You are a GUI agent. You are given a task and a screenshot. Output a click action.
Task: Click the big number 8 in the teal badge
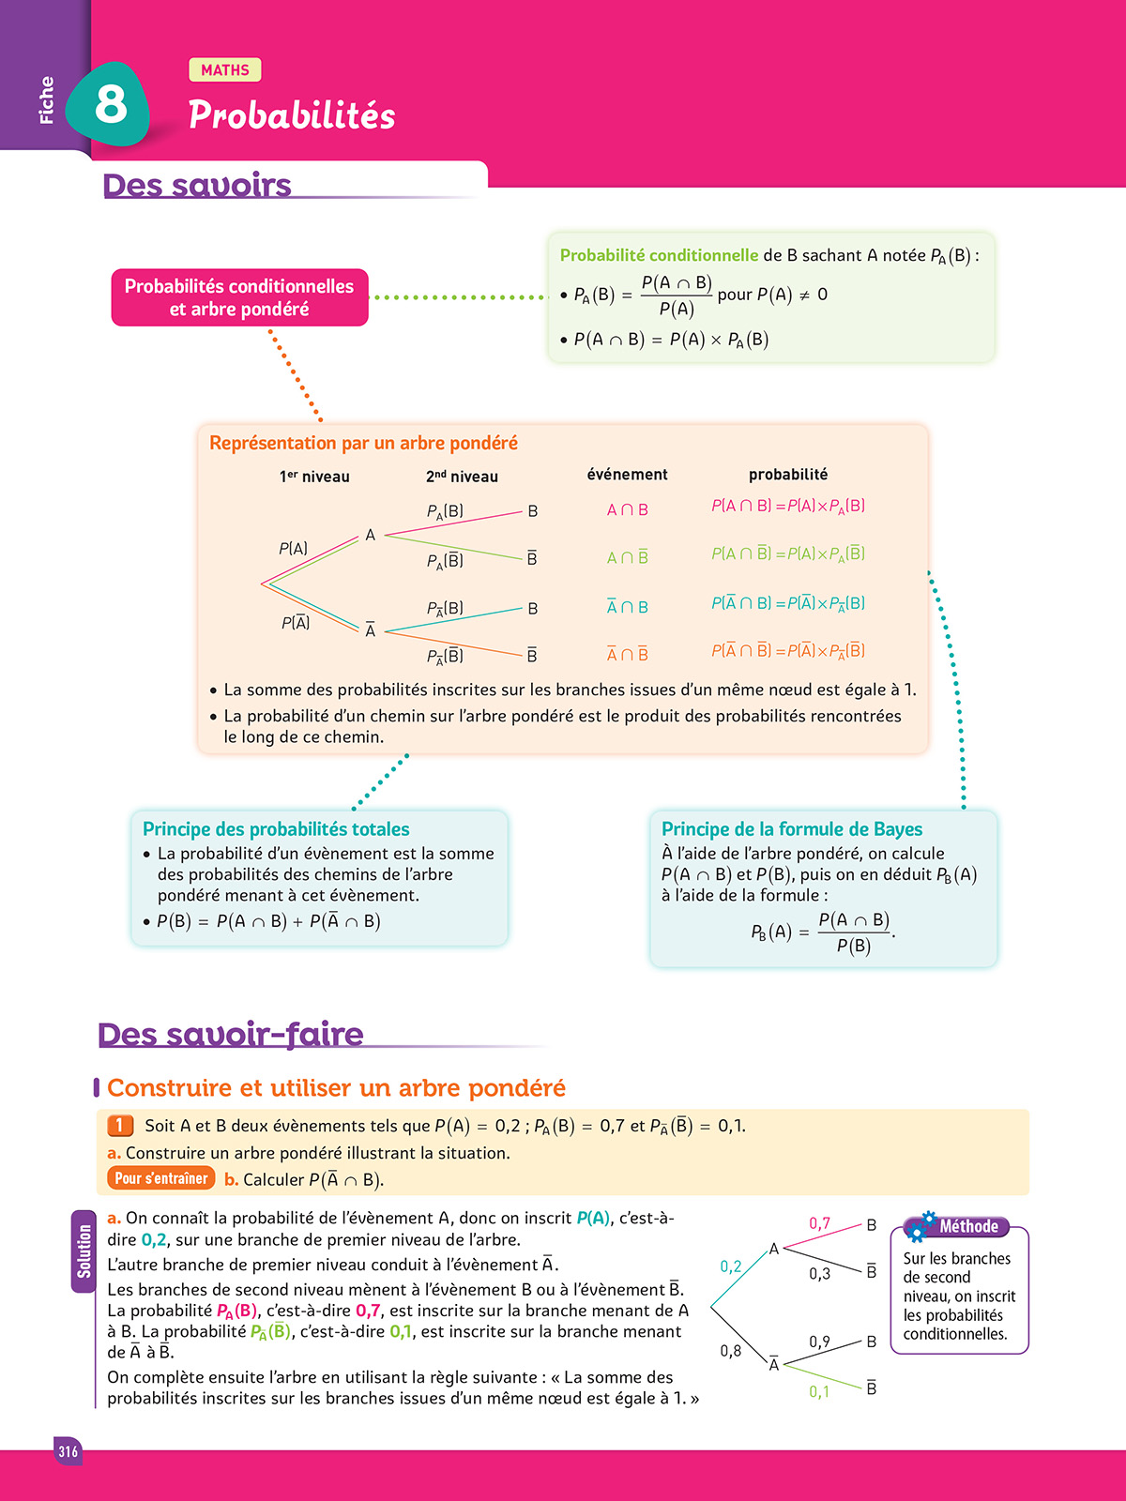pos(111,103)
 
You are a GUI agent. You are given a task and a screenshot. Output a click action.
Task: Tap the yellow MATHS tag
pos(225,70)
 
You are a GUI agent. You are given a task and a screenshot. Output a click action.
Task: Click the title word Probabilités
pos(292,115)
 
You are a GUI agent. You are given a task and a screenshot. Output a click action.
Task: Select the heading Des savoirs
pos(197,185)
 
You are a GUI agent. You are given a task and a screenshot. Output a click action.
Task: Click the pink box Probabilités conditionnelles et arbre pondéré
pos(239,297)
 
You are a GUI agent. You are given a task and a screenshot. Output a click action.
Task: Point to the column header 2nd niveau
pos(462,477)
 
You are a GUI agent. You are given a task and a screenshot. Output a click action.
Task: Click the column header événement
pos(627,475)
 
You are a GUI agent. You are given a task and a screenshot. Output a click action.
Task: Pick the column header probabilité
pos(788,475)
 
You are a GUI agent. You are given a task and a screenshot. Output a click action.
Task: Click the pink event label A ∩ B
pos(627,510)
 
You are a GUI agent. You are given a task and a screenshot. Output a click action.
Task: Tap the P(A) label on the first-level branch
pos(293,549)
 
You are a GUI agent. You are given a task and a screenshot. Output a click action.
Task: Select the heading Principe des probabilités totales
pos(276,829)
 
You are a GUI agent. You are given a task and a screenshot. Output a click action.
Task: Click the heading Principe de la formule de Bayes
pos(792,829)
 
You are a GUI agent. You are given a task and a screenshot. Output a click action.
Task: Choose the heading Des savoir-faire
pos(231,1034)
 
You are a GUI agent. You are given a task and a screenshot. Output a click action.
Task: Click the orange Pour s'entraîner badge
pos(161,1178)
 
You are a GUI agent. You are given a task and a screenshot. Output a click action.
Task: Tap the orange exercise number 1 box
pos(120,1125)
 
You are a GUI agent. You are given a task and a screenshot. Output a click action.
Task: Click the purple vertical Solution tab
pos(84,1251)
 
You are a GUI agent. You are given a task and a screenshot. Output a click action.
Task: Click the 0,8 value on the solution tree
pos(730,1351)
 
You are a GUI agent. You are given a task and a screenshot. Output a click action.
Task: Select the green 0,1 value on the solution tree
pos(819,1392)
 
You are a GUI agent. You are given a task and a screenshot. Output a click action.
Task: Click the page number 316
pos(68,1451)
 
